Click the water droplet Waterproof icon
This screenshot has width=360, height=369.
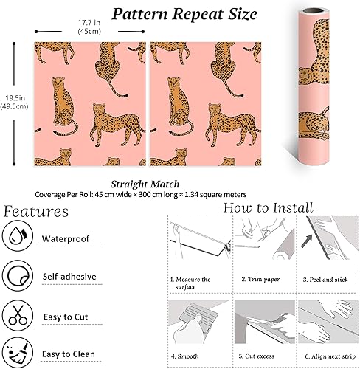tap(18, 235)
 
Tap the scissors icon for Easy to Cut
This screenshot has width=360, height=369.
tap(18, 315)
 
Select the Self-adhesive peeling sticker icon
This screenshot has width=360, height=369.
tap(18, 275)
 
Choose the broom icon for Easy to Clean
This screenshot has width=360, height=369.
tap(18, 353)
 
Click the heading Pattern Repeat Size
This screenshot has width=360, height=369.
tap(184, 14)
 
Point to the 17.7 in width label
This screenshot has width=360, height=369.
tap(89, 27)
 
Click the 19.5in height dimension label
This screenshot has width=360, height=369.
tap(14, 102)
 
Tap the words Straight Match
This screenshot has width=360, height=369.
tap(145, 184)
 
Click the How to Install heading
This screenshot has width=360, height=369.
tap(269, 207)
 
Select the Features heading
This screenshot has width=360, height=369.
tap(36, 212)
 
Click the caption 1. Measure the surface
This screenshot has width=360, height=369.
tap(190, 283)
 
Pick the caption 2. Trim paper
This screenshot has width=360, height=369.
tap(260, 279)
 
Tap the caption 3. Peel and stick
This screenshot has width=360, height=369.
tap(325, 280)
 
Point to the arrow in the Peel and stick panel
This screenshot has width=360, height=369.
tap(307, 241)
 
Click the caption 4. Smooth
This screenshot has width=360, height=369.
tap(185, 356)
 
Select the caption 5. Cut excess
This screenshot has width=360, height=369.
tap(256, 356)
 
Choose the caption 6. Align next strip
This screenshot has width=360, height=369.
tap(330, 356)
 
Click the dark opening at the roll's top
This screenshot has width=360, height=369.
tap(314, 11)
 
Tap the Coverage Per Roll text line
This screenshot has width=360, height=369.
tap(141, 195)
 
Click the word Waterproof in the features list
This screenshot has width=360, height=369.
tap(66, 238)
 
